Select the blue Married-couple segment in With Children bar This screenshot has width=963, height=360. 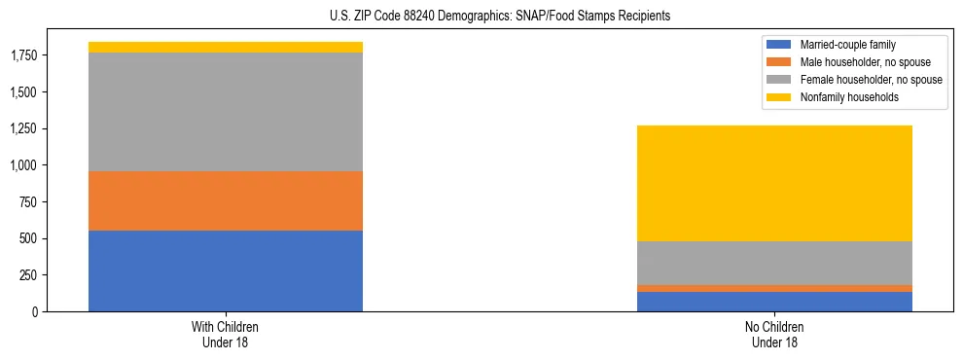[226, 270]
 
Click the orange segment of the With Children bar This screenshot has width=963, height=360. [226, 200]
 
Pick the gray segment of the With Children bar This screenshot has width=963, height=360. [226, 112]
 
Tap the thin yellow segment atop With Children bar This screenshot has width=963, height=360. [226, 47]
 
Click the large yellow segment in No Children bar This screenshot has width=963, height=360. [774, 183]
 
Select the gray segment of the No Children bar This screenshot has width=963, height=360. [774, 263]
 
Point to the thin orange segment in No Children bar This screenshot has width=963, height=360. [774, 288]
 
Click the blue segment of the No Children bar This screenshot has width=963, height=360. [774, 302]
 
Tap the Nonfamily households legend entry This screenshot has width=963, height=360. [842, 97]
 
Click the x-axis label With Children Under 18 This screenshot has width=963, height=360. [226, 334]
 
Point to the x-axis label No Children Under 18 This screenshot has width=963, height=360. [774, 334]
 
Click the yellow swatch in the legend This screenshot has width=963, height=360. [779, 97]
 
